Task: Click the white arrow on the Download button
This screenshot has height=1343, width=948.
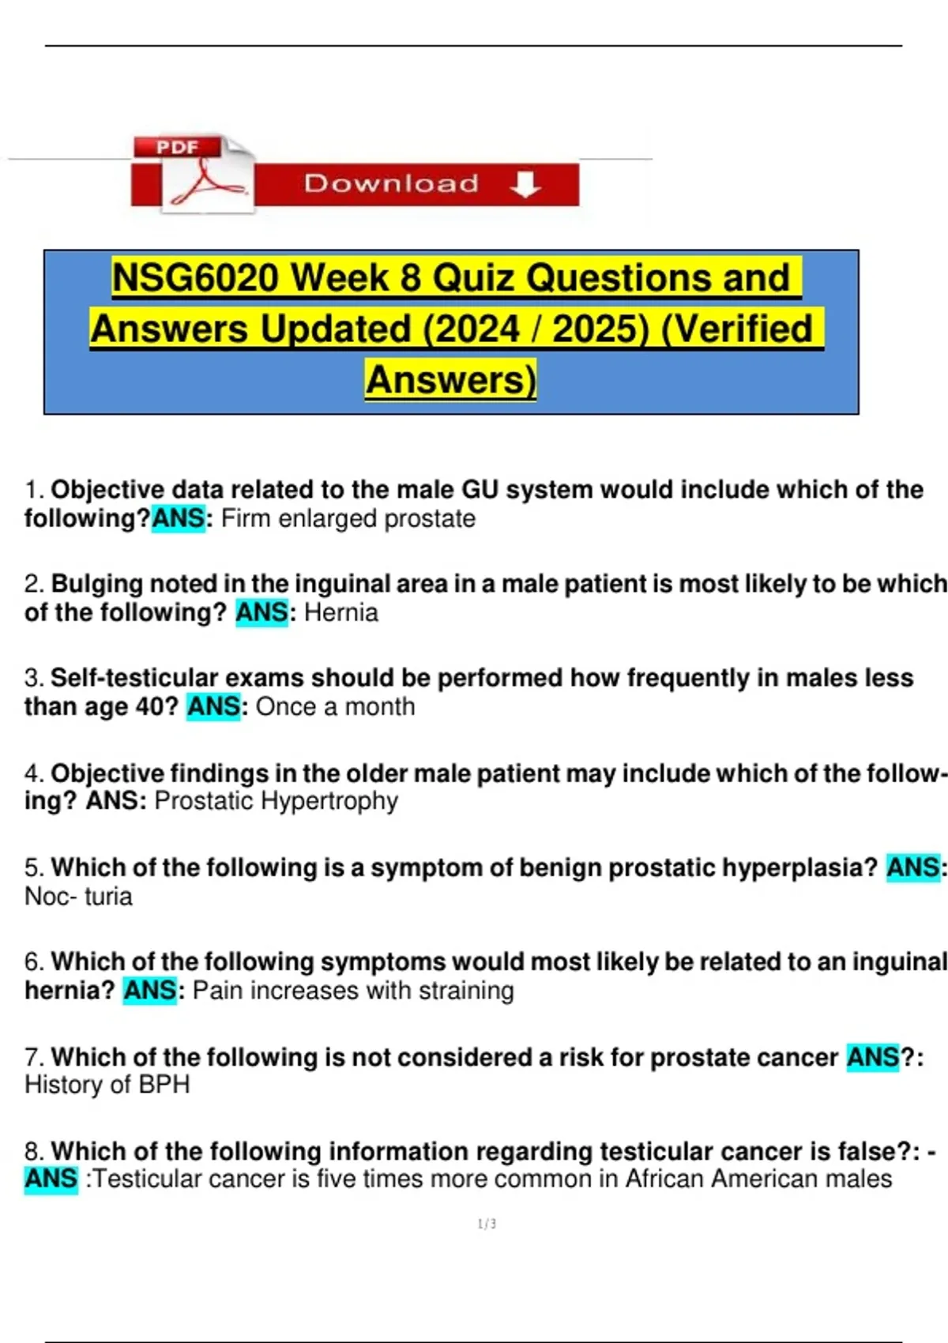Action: [525, 184]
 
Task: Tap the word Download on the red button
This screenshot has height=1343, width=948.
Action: [392, 183]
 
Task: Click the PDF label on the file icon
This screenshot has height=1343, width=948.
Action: [177, 147]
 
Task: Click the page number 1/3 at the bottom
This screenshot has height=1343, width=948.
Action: [487, 1224]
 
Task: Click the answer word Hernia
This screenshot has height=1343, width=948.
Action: [341, 613]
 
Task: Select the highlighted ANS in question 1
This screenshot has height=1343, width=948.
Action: [179, 518]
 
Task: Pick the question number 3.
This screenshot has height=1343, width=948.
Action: [34, 678]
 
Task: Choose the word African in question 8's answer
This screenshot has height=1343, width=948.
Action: [665, 1179]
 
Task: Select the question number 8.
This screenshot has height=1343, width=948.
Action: [34, 1151]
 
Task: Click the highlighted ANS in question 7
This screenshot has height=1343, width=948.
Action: [873, 1057]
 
